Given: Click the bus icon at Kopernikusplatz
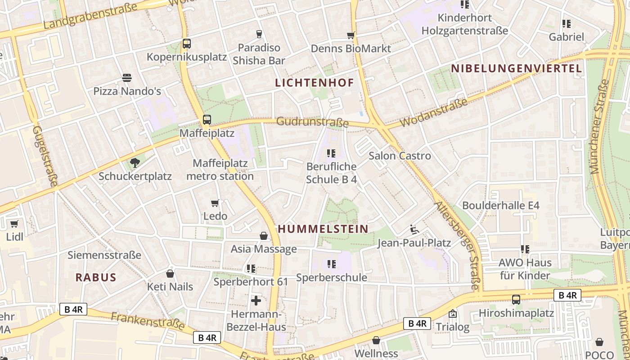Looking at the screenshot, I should (187, 44).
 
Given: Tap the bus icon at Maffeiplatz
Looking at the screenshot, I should (207, 120).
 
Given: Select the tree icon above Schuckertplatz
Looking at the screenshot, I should (135, 162).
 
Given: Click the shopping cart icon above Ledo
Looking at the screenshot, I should (215, 203).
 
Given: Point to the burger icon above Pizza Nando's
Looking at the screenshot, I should (127, 78).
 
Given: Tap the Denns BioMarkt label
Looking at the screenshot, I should (351, 49).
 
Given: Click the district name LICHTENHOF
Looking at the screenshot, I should (314, 83).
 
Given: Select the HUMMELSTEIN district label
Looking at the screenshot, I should (323, 229).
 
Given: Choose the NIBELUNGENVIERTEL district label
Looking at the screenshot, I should (516, 68).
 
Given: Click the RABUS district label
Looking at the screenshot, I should (96, 277).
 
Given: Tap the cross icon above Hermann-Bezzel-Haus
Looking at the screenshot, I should (256, 300).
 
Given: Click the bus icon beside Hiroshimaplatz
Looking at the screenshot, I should (516, 299).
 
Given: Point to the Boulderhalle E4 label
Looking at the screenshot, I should (501, 206).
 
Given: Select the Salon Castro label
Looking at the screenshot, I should (400, 156).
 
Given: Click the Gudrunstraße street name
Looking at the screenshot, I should (312, 121).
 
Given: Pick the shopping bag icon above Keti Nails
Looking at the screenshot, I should (170, 273).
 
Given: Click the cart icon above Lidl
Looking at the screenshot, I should (14, 224).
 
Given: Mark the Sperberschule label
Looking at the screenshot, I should (332, 278).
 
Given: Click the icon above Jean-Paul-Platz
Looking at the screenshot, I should (414, 230).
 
